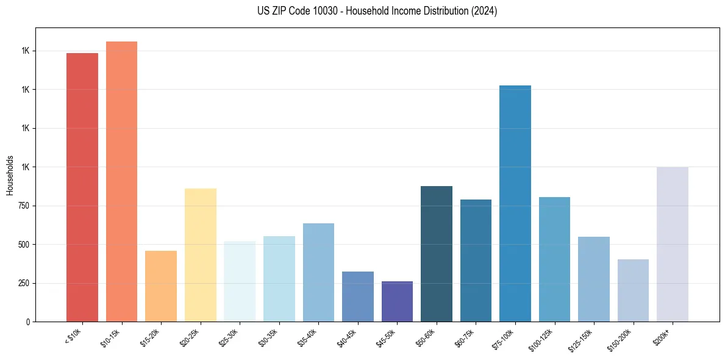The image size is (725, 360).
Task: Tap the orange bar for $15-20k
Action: pyautogui.click(x=161, y=286)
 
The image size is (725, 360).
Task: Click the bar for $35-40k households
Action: pyautogui.click(x=318, y=272)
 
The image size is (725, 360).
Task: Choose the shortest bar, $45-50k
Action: pyautogui.click(x=397, y=301)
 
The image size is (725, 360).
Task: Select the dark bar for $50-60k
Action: pyautogui.click(x=437, y=254)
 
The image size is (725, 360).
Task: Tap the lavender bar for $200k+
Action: pyautogui.click(x=673, y=244)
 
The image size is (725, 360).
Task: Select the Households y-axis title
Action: pyautogui.click(x=10, y=175)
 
